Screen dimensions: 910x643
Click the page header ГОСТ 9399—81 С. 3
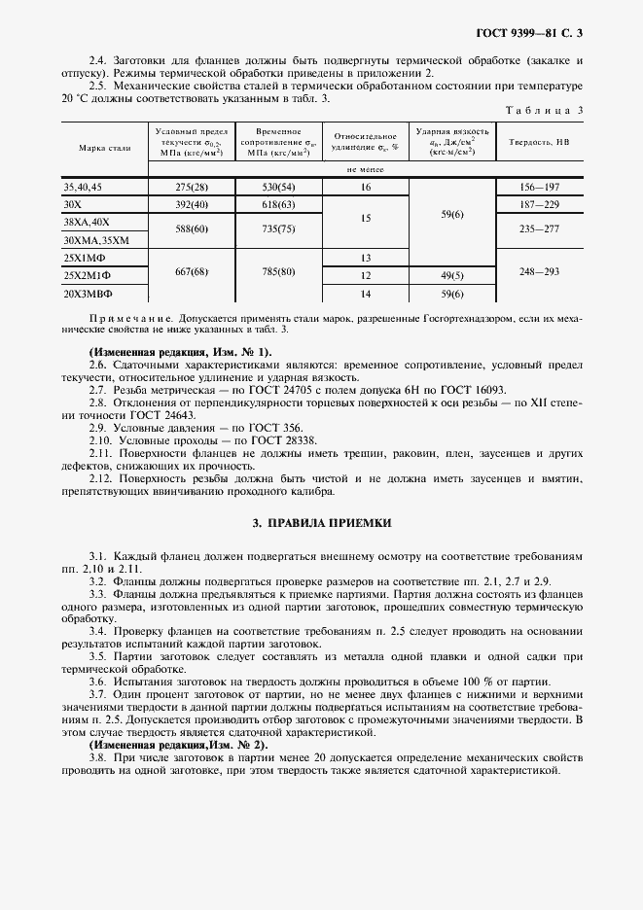click(529, 34)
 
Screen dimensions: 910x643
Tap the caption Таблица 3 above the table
click(545, 110)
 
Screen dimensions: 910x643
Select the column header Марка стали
click(104, 148)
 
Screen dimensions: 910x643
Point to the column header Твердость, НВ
click(540, 142)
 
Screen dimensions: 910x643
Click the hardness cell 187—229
click(540, 204)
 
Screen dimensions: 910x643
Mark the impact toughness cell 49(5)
click(452, 276)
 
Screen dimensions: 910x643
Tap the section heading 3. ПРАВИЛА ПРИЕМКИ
click(321, 522)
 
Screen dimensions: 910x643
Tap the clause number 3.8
click(98, 756)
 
